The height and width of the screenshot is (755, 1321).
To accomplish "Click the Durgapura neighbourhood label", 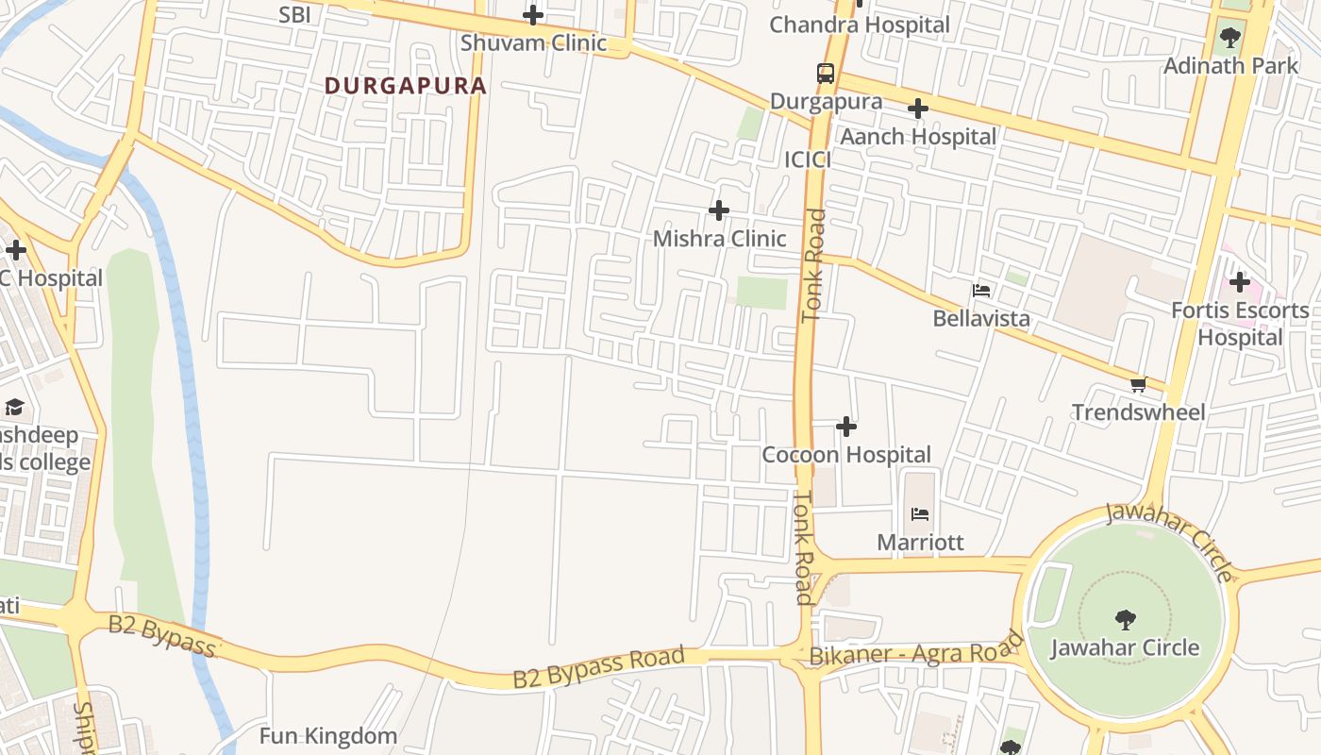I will (406, 85).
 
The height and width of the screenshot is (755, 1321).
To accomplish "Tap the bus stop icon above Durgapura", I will (826, 73).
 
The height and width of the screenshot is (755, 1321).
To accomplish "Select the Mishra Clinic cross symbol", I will (719, 210).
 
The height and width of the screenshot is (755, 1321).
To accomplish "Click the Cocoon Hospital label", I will (846, 455).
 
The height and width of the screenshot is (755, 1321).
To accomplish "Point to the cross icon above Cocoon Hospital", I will (846, 427).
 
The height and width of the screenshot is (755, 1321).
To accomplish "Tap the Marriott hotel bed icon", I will (920, 514).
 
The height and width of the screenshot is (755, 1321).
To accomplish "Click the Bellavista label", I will (981, 318).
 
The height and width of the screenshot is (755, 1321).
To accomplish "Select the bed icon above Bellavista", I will (981, 290).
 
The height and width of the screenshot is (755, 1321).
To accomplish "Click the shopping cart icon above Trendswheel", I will (1138, 384).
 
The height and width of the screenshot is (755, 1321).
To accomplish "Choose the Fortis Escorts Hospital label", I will (1240, 324).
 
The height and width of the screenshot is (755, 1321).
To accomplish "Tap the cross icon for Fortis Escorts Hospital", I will (1239, 281).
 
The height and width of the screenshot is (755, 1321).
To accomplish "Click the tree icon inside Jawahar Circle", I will (1125, 619).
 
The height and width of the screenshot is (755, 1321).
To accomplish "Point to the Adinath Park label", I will (1230, 66).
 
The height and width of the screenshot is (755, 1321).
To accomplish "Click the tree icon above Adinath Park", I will (1229, 38).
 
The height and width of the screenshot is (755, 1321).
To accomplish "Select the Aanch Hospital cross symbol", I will (917, 109).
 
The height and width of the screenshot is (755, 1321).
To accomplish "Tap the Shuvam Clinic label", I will (533, 43).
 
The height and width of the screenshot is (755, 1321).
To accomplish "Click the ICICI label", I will (808, 160).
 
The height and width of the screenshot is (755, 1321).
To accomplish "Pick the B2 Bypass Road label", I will (598, 667).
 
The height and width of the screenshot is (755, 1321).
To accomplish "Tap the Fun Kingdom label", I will (327, 736).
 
